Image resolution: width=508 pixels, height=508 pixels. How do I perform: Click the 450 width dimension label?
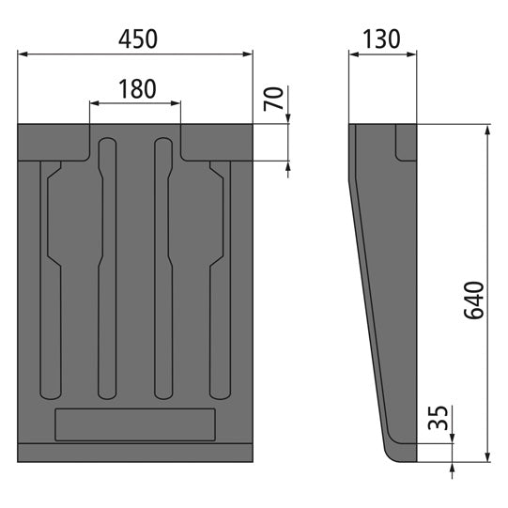point(136,38)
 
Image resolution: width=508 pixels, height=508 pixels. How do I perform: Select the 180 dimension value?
point(136,89)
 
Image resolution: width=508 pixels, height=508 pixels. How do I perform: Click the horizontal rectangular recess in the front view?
point(136,424)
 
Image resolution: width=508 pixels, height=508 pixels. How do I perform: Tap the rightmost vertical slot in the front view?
point(219,282)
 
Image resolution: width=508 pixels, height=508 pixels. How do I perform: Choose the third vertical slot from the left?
point(163,272)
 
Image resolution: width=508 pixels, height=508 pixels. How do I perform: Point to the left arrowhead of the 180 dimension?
point(94,103)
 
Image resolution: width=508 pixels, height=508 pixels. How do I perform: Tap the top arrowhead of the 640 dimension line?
point(487,130)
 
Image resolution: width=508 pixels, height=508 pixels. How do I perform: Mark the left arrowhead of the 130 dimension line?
point(354,54)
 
